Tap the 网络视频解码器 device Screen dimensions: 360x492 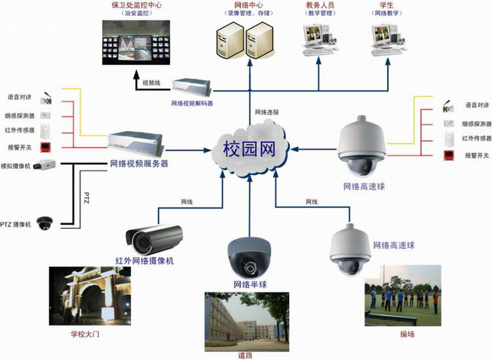point(191,86)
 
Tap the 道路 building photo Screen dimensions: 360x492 point(247,317)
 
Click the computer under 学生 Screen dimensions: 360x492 point(389,40)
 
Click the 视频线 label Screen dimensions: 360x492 point(150,82)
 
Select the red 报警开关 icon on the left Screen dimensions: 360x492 point(45,147)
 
